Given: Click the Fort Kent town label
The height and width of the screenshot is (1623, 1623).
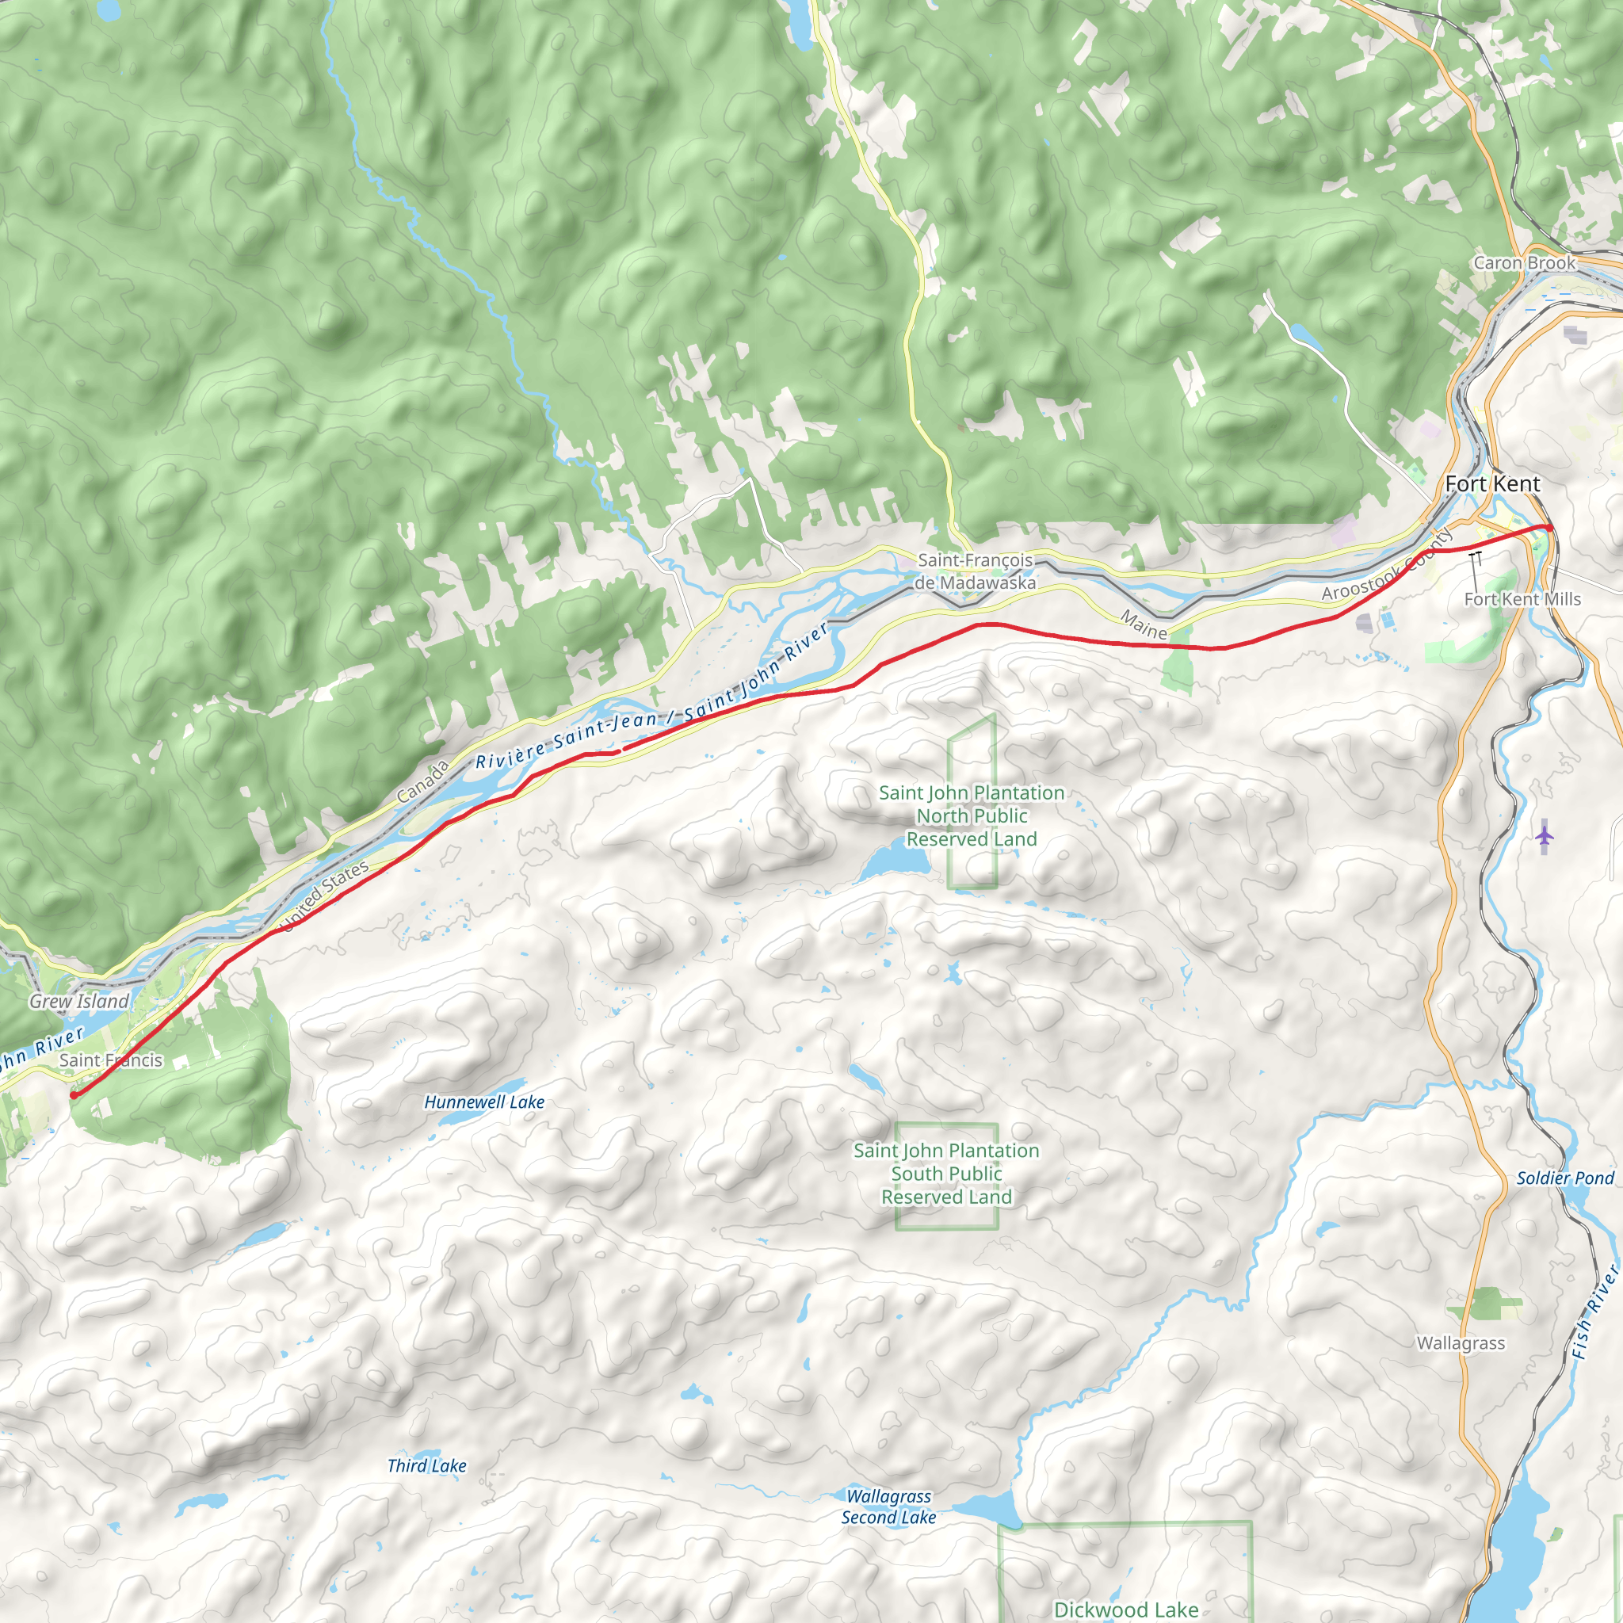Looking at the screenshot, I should (x=1492, y=484).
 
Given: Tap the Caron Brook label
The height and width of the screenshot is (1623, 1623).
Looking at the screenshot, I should (x=1524, y=263).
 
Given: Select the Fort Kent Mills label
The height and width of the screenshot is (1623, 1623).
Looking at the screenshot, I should (x=1522, y=599).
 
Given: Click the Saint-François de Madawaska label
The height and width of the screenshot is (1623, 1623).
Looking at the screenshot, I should (x=975, y=571).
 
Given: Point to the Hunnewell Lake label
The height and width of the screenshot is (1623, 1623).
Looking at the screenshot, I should (x=484, y=1102).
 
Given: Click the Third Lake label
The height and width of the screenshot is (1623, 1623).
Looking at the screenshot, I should (x=427, y=1466).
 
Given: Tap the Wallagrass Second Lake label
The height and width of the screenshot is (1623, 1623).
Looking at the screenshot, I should (x=889, y=1507).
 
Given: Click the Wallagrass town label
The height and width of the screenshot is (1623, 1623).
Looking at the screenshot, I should (x=1461, y=1343).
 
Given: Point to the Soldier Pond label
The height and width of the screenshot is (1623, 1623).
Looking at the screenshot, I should (x=1565, y=1178).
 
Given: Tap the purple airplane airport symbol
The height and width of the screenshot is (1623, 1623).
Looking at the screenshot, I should (x=1544, y=836).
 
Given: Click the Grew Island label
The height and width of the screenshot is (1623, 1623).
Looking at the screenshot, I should (x=79, y=1002).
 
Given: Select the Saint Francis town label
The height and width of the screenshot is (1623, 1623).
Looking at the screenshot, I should (x=111, y=1060).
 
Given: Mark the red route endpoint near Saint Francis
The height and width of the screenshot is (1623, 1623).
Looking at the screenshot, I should (x=74, y=1095).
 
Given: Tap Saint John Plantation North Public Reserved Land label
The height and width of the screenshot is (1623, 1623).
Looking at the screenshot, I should (x=971, y=815).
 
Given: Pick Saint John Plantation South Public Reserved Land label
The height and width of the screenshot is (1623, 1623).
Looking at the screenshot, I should (x=946, y=1174).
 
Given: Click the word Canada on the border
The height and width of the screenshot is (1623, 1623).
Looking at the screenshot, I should (x=422, y=782).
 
